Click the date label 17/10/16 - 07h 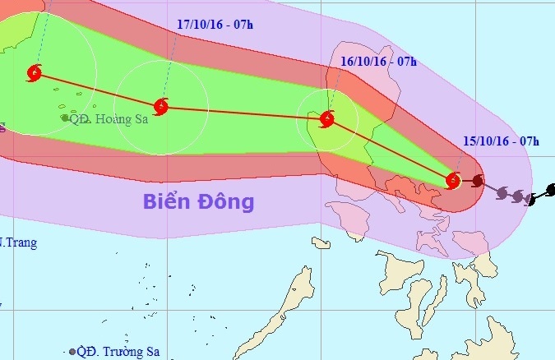[x=215, y=25]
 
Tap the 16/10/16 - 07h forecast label [x=379, y=61]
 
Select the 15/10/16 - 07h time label [x=501, y=141]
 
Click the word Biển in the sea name [x=170, y=201]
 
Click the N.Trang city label [x=18, y=242]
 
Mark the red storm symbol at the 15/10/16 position [x=453, y=180]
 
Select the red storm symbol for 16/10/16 [x=327, y=120]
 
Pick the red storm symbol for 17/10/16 [x=161, y=106]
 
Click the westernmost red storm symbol [x=35, y=73]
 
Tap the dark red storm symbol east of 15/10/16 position [x=478, y=180]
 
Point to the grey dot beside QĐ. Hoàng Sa [x=65, y=118]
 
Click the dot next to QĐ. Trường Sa [x=73, y=352]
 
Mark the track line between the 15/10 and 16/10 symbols [x=391, y=150]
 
